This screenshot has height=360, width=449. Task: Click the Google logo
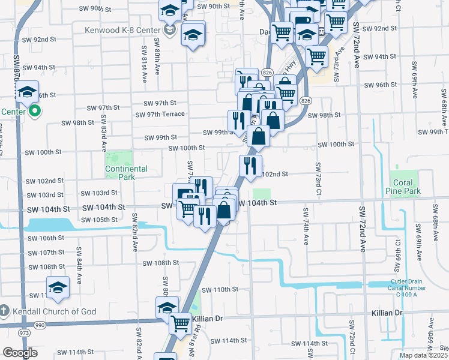pyautogui.click(x=20, y=353)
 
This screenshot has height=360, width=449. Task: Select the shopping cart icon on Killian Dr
pyautogui.click(x=180, y=323)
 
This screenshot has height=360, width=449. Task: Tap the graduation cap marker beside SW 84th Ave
pyautogui.click(x=58, y=288)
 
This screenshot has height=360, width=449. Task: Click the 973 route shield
pyautogui.click(x=25, y=332)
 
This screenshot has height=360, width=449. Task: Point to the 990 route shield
pyautogui.click(x=40, y=325)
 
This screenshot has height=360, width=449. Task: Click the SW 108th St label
pyautogui.click(x=160, y=263)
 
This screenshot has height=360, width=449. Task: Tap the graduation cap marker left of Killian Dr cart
pyautogui.click(x=166, y=307)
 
